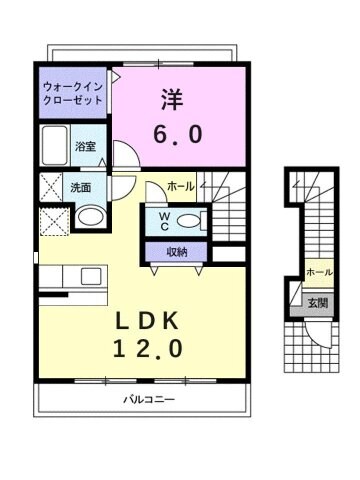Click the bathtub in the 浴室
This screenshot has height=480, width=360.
click(x=56, y=148)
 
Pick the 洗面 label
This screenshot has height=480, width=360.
click(x=80, y=186)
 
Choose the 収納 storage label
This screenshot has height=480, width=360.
click(x=177, y=252)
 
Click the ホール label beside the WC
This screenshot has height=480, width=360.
click(x=181, y=186)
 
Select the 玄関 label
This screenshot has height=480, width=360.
click(x=316, y=303)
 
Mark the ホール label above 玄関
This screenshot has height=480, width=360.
click(x=318, y=273)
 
